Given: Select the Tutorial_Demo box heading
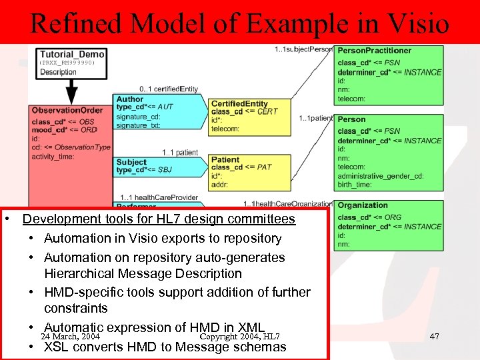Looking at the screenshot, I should tap(72, 54).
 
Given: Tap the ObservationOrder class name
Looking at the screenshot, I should tap(67, 110).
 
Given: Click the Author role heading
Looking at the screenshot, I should tap(129, 99).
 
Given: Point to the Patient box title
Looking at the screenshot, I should tap(225, 160).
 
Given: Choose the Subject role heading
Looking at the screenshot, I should tap(131, 162).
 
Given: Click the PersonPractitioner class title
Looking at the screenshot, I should tap(374, 51).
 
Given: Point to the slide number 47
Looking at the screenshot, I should tap(434, 337).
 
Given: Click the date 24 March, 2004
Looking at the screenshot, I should tap(70, 337).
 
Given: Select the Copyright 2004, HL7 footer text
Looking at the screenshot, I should tap(240, 337).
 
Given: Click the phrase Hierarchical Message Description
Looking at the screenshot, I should tap(143, 273).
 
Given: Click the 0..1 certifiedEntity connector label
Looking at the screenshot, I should tap(168, 89).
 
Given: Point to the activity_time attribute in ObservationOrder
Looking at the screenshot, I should tap(53, 156).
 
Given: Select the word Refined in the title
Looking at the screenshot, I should tap(74, 23).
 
